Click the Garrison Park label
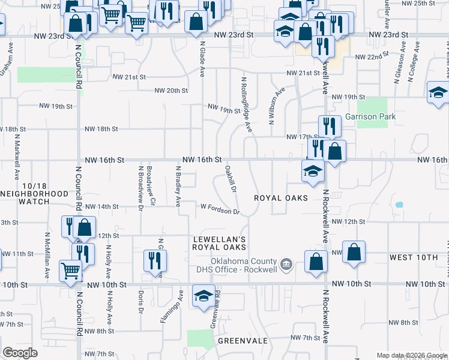point(370,116)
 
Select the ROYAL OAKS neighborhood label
point(280,198)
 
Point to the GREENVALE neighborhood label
point(243,340)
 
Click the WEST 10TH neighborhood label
point(414,257)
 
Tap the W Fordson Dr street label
point(220,209)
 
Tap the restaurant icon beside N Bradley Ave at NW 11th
point(155,261)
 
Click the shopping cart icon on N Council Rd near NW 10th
point(70,271)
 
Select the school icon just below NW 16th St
point(312,172)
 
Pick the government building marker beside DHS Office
point(286,263)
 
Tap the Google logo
point(20,353)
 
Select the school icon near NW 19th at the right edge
point(438,93)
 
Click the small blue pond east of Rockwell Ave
point(399,205)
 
